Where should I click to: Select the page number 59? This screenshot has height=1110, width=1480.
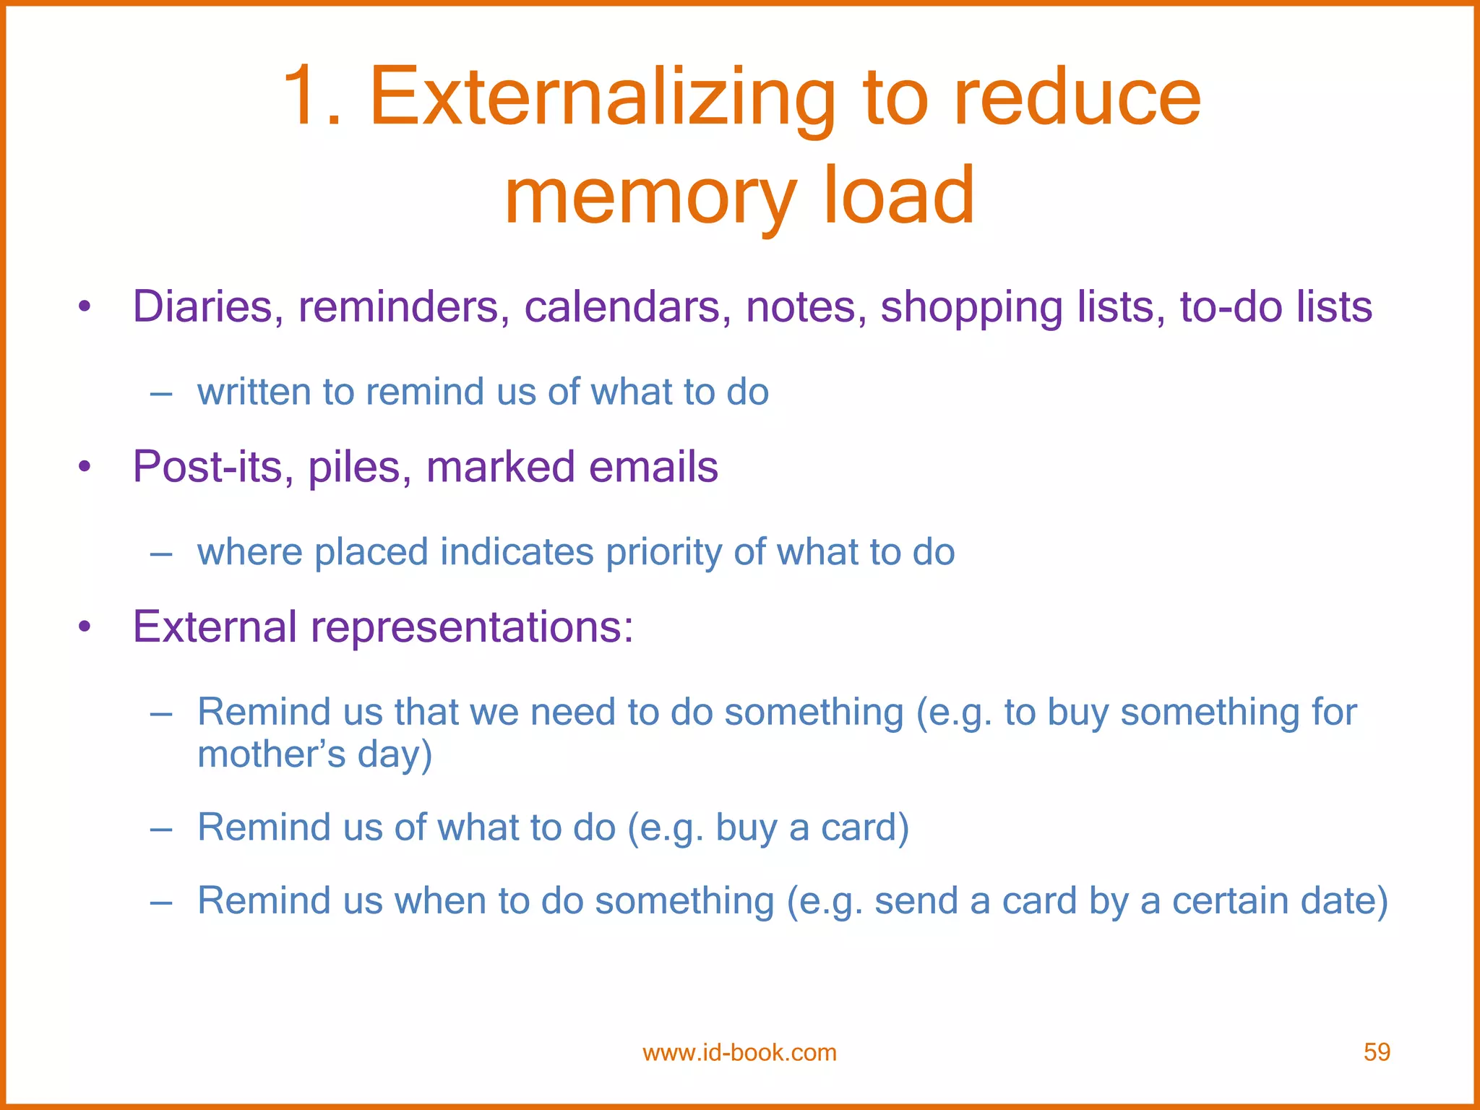coord(1377,1052)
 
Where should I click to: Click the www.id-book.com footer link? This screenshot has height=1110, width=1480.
coord(739,1053)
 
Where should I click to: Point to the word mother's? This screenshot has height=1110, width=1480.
coord(272,754)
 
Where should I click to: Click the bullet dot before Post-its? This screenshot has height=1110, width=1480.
coord(85,468)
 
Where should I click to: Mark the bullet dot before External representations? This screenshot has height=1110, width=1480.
coord(85,627)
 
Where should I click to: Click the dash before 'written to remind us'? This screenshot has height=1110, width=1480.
coord(160,394)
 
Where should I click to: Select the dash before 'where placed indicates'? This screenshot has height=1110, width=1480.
coord(160,554)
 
